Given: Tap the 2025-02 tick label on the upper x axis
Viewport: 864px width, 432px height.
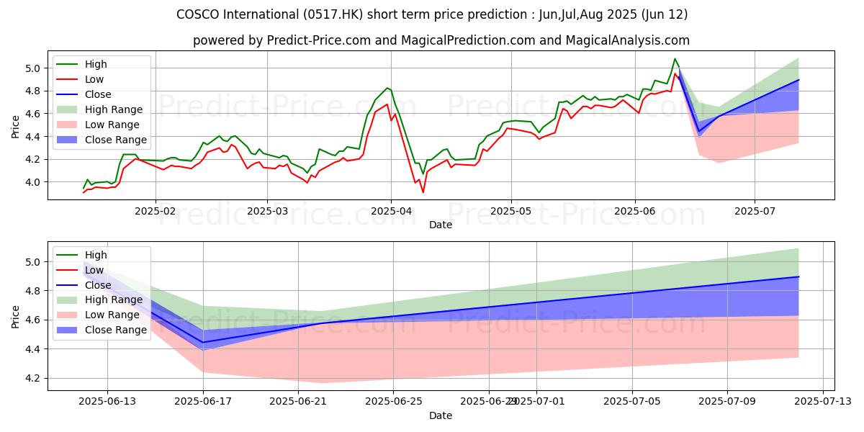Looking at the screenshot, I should (156, 212).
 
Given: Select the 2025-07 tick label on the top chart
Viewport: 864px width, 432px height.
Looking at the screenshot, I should (755, 212).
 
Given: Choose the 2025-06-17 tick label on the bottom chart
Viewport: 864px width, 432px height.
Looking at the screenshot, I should (203, 402).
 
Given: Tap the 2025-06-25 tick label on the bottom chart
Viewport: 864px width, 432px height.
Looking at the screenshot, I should (394, 402).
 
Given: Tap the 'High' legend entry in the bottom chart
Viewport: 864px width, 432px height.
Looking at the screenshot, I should (96, 255).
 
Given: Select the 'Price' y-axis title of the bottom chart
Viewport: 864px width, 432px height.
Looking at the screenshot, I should (16, 315).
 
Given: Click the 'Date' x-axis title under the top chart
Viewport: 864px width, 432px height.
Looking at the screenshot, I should (441, 225).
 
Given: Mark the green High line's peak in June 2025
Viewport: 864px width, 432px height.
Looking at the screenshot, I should (675, 59).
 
